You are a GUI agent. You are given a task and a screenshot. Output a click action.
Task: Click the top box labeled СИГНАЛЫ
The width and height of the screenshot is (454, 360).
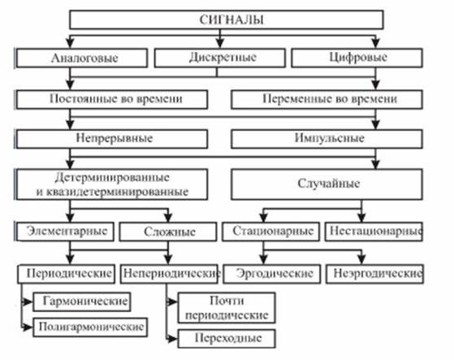pos(227,20)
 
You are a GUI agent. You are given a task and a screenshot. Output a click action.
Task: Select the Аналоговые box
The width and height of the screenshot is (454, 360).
pos(82,58)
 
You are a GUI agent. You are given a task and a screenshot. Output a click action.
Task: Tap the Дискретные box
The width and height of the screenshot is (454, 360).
pos(220,58)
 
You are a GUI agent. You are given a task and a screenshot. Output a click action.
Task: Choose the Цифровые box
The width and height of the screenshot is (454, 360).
pos(357,58)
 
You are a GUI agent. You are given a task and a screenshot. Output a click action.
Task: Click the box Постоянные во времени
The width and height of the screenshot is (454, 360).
pos(112,99)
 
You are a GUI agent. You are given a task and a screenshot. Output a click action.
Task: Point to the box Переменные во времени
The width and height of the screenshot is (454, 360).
pos(326,99)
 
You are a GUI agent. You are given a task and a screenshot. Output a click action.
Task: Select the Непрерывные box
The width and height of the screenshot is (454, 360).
pos(112,139)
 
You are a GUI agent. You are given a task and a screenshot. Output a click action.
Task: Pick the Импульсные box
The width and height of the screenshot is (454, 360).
pos(326,139)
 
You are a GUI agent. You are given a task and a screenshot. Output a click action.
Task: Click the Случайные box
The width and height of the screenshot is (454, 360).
pos(326,184)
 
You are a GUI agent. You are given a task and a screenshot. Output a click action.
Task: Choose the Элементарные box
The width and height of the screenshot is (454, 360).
pos(65,232)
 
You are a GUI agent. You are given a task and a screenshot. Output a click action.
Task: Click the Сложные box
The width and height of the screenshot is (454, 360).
pos(168,232)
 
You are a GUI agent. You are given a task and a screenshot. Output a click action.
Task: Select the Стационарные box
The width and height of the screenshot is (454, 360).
pos(271,232)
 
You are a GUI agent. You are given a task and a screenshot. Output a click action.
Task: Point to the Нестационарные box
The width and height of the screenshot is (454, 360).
pos(374,232)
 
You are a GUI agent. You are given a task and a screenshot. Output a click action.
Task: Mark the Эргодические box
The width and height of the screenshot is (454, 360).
pos(272,274)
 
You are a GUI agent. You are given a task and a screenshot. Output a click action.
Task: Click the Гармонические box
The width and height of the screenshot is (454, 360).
pos(82,301)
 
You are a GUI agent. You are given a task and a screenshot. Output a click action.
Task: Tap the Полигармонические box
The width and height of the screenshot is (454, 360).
pos(90,327)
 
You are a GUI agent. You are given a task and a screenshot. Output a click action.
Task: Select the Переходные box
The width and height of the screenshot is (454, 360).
pos(227,338)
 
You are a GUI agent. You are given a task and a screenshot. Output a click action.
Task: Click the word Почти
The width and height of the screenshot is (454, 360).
pos(227,301)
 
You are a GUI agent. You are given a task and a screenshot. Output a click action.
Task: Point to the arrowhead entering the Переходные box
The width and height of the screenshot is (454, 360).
pos(173,338)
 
